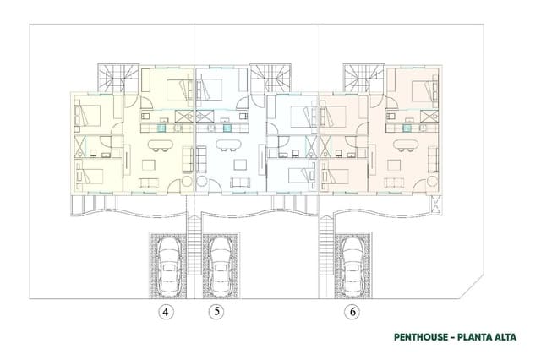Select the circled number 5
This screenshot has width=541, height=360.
click(216, 312)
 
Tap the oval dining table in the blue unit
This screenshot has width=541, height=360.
click(225, 145)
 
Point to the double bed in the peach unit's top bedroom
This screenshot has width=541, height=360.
click(420, 86)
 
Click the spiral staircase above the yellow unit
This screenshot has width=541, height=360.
click(116, 79)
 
